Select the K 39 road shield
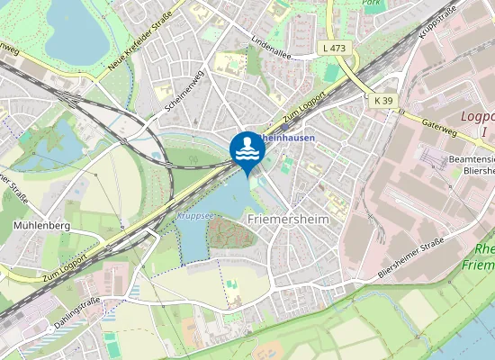[x=384, y=101]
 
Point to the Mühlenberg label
[x=42, y=225]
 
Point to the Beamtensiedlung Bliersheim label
[x=471, y=165]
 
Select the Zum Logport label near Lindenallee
[x=303, y=106]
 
